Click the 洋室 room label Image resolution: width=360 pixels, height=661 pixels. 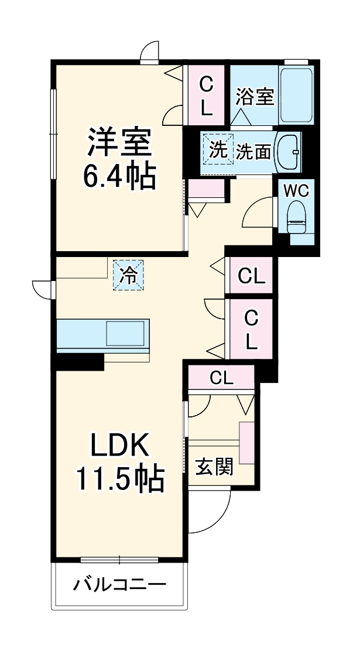tap(120, 142)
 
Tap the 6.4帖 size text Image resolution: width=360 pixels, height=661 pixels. tap(120, 176)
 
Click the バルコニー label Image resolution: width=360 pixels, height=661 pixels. tap(120, 584)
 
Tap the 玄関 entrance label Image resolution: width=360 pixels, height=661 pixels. tap(215, 467)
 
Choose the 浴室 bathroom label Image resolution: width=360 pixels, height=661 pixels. tap(255, 97)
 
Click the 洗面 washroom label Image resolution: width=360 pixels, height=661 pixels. tap(253, 152)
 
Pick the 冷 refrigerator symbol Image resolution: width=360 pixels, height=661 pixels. tap(128, 275)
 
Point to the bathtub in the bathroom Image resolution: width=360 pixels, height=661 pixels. tap(296, 94)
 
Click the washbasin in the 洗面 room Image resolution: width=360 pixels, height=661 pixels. tap(288, 151)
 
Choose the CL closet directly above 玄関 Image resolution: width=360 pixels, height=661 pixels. tap(221, 378)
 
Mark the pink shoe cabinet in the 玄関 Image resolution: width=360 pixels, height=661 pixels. tap(247, 442)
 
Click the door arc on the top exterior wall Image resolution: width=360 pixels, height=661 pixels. tap(150, 52)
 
